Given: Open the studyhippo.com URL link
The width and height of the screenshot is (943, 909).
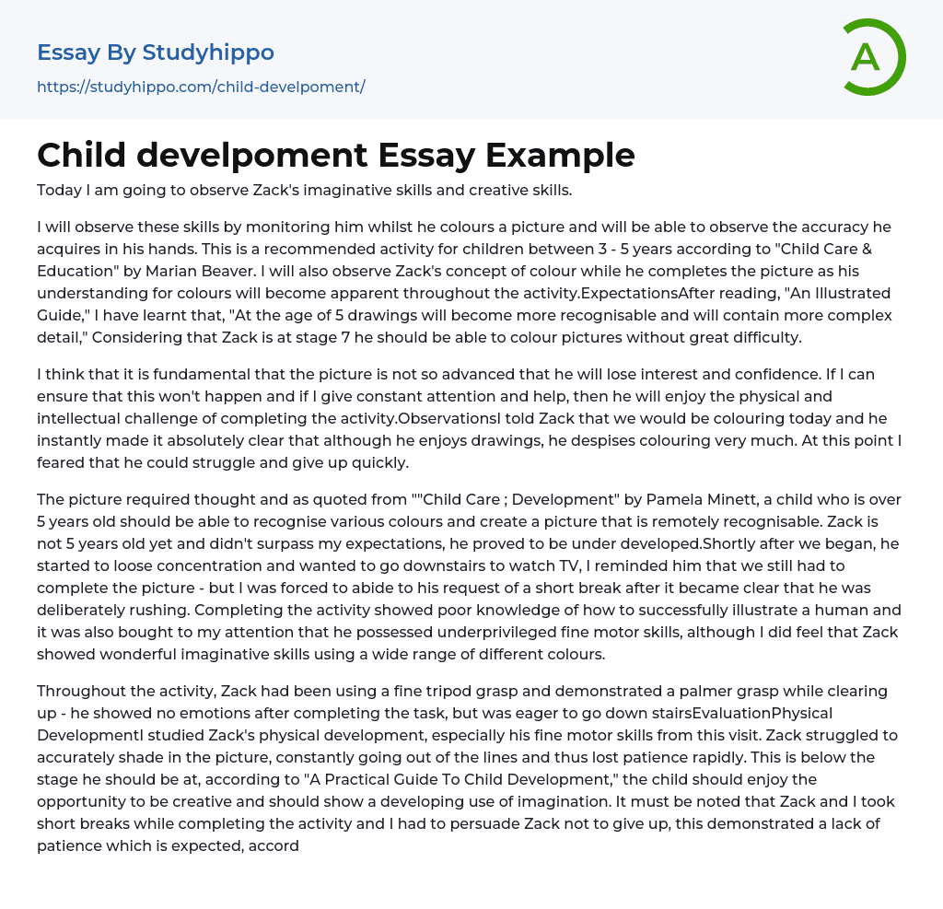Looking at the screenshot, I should [201, 87].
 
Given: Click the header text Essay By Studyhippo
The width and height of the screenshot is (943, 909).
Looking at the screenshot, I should [156, 52].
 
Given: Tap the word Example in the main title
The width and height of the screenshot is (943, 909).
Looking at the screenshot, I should [560, 156].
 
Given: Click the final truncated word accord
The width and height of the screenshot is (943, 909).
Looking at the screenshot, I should [274, 845].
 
